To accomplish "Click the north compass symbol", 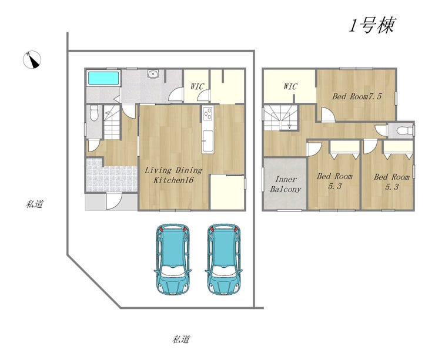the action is pyautogui.click(x=32, y=59).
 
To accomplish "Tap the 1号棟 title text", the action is pyautogui.click(x=372, y=25).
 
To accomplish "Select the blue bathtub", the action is pyautogui.click(x=103, y=78).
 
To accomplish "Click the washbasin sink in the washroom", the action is pyautogui.click(x=152, y=74).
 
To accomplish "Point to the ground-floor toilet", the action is pyautogui.click(x=94, y=113).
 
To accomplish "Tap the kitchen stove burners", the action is pyautogui.click(x=208, y=113).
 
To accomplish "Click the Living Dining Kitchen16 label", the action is pyautogui.click(x=173, y=175).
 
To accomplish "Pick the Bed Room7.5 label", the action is pyautogui.click(x=357, y=96).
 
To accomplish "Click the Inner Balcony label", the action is pyautogui.click(x=286, y=184).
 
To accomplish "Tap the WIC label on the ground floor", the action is pyautogui.click(x=197, y=86).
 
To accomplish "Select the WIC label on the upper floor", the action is pyautogui.click(x=290, y=87).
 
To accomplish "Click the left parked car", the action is pyautogui.click(x=172, y=258).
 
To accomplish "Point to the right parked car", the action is pyautogui.click(x=223, y=258).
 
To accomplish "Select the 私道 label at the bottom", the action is pyautogui.click(x=181, y=339).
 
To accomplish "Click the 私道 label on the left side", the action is pyautogui.click(x=35, y=204).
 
